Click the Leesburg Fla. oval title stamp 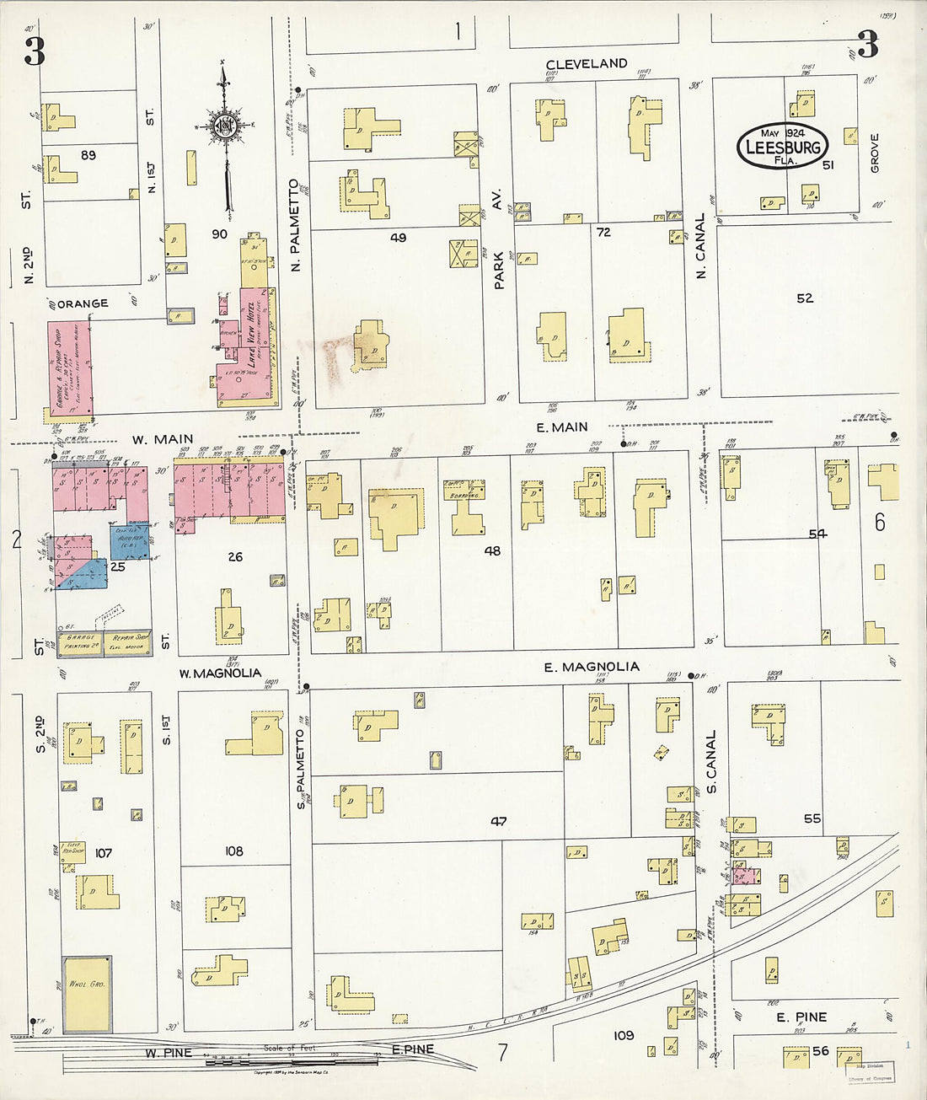pos(782,148)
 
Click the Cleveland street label pos(587,64)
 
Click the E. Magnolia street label pos(591,667)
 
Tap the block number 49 pos(398,239)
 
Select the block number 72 pos(603,232)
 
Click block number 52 pos(805,298)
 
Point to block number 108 pos(233,851)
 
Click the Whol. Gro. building pos(87,993)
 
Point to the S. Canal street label pos(711,762)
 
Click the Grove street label pos(874,153)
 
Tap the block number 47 pos(498,820)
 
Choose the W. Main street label pos(162,439)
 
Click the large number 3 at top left pos(34,52)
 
